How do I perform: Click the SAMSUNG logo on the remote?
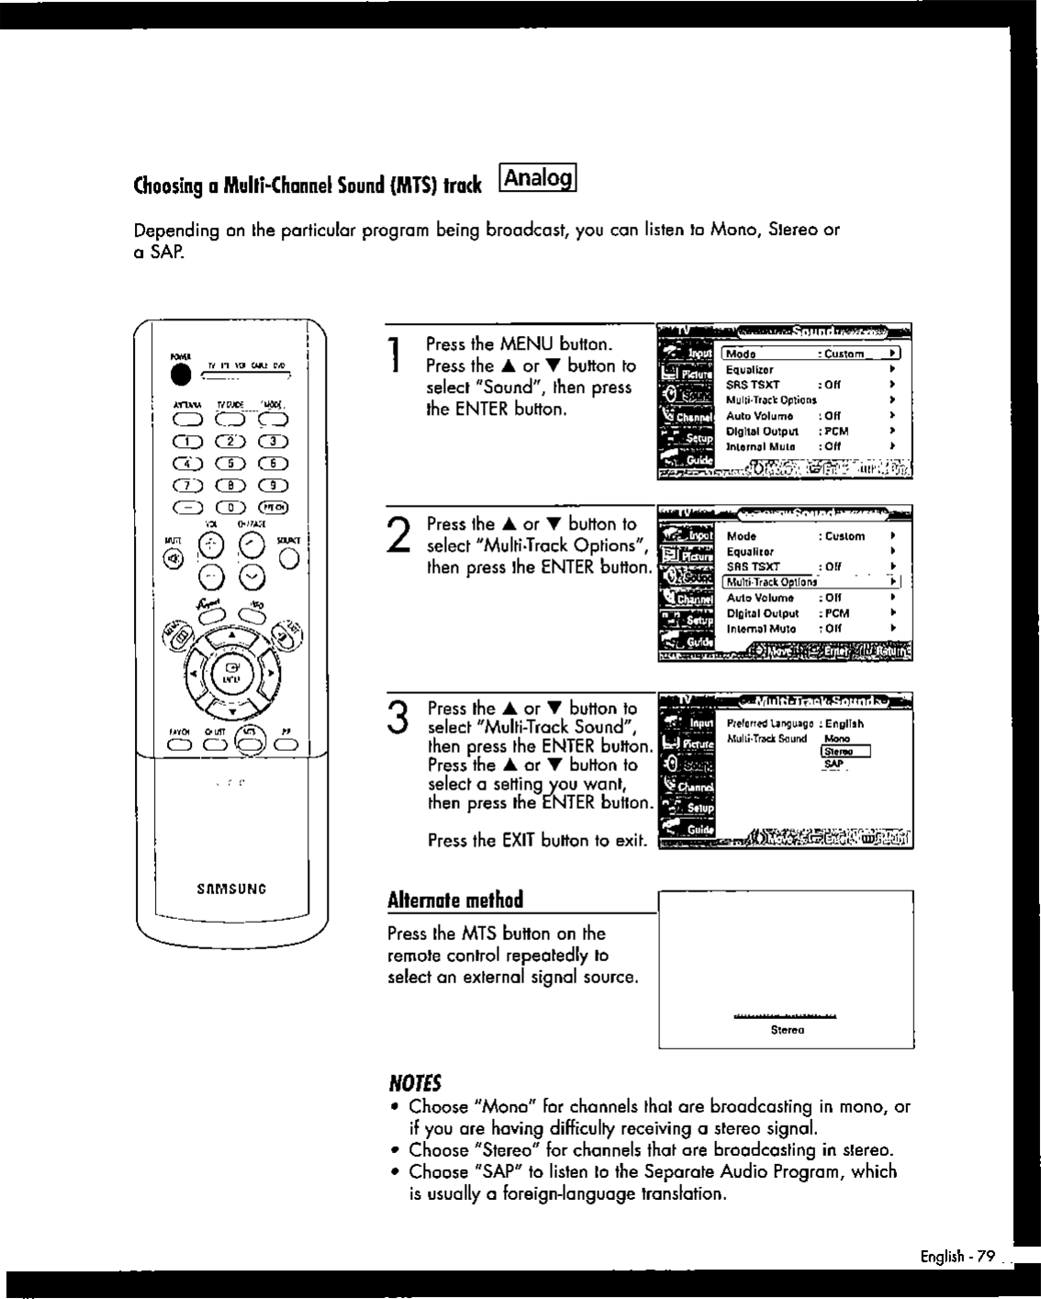click(231, 889)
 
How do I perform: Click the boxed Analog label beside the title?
click(537, 177)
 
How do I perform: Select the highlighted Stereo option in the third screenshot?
click(838, 751)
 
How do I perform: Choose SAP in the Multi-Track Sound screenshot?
click(834, 765)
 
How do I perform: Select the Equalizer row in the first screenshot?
click(750, 370)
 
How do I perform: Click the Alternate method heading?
click(455, 899)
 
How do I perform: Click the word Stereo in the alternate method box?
click(788, 1030)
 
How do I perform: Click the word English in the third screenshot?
click(844, 723)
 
